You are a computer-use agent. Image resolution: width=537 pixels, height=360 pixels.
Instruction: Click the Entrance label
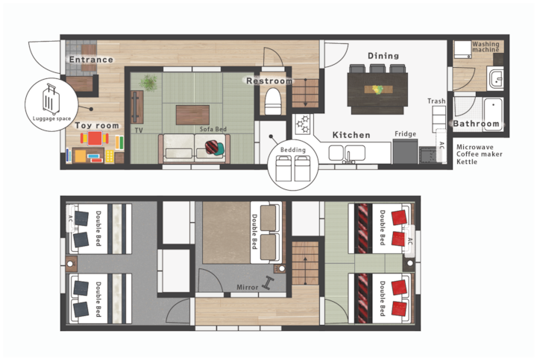[91, 60]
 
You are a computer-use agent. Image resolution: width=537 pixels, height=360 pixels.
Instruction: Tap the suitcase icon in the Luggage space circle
[51, 99]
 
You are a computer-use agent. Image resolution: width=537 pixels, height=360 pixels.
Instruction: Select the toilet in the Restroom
[273, 101]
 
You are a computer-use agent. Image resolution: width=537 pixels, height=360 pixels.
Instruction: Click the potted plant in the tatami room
[149, 83]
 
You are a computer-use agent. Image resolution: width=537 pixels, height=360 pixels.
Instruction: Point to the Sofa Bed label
[213, 129]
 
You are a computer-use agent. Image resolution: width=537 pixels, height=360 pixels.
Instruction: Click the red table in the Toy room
[95, 138]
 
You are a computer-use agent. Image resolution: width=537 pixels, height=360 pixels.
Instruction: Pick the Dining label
[383, 56]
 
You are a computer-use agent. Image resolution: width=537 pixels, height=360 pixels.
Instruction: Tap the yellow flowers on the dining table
[377, 89]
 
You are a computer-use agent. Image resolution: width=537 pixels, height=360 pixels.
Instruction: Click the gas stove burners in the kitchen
[303, 124]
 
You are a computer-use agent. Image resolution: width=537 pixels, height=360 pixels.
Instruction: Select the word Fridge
[405, 134]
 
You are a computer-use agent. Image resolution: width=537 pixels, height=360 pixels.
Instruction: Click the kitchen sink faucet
[348, 157]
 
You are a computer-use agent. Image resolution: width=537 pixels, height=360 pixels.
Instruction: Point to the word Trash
[436, 101]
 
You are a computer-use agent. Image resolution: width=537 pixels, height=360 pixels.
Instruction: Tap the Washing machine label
[486, 47]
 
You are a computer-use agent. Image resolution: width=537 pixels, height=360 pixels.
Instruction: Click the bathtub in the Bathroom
[493, 110]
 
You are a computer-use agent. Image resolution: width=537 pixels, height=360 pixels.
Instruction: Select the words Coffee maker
[479, 154]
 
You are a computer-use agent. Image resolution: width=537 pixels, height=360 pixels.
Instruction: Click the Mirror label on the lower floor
[248, 288]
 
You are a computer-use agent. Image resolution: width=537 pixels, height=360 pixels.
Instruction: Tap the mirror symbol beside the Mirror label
[268, 283]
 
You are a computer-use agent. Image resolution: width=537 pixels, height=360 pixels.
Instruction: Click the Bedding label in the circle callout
[293, 150]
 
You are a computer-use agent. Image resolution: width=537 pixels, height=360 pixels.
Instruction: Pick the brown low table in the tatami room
[192, 115]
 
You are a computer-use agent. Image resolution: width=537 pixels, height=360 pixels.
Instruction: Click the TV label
[139, 130]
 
